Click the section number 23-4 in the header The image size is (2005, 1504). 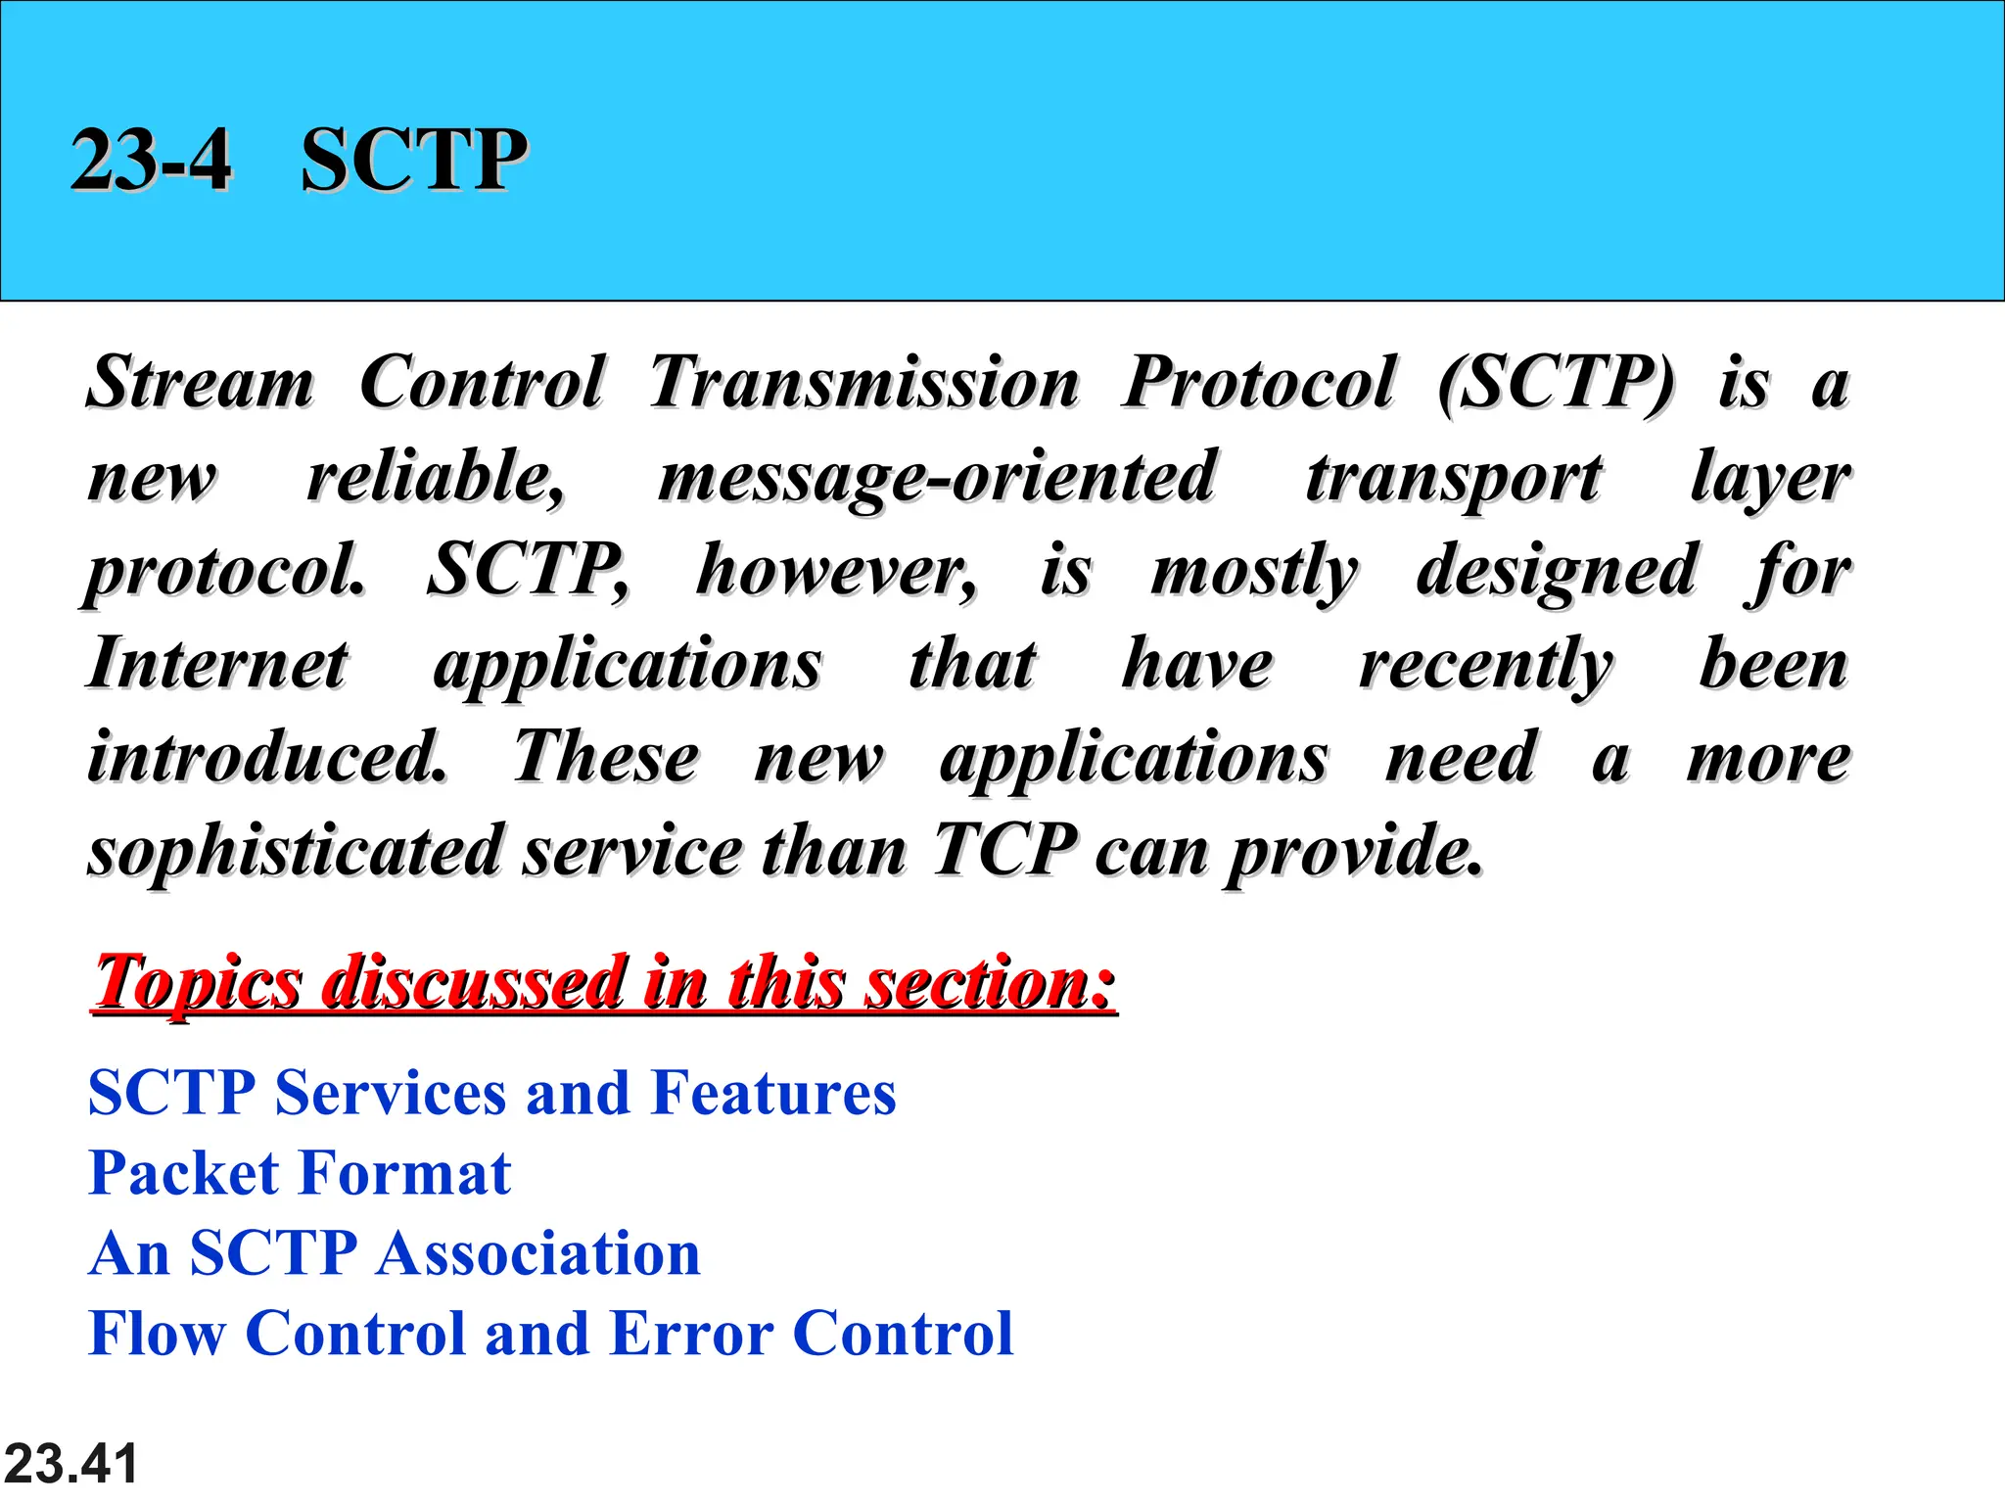pos(151,160)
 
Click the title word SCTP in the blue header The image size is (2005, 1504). pos(413,160)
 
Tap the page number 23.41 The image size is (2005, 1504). pos(70,1463)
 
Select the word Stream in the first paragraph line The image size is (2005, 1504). pos(201,382)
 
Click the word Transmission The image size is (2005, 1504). pos(863,382)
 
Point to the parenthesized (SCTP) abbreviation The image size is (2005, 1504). pos(1556,382)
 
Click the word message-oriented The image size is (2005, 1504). pos(937,478)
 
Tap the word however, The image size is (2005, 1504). pos(836,570)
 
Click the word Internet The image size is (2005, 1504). pos(217,664)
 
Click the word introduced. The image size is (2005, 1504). pos(267,757)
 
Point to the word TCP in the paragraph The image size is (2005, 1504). pos(1004,850)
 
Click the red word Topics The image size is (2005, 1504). pos(199,981)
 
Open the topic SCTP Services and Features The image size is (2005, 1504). pos(491,1093)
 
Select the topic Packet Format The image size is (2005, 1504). pos(300,1173)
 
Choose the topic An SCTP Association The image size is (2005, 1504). pos(395,1253)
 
